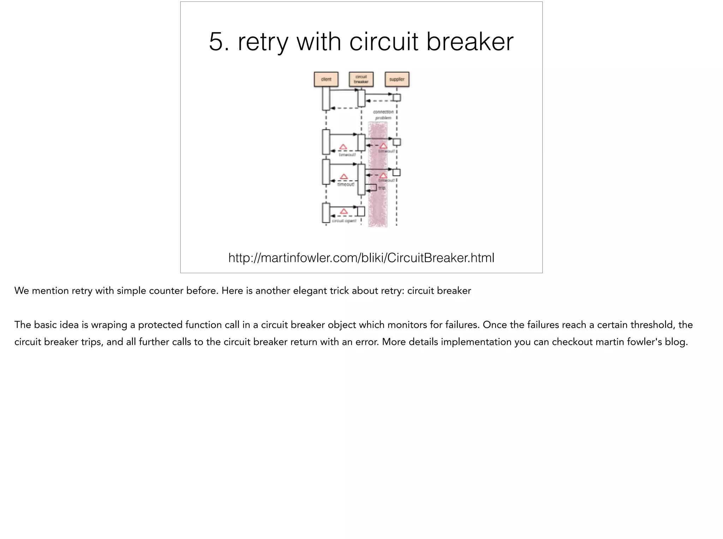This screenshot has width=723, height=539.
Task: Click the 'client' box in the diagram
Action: (x=326, y=79)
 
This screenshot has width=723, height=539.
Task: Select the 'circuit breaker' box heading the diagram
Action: (x=361, y=79)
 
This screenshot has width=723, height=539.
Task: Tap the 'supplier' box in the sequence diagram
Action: (x=397, y=79)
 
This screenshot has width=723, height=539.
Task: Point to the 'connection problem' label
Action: (x=383, y=115)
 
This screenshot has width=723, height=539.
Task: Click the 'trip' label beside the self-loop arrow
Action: (x=382, y=188)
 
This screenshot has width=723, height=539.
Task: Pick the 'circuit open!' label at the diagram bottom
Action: (x=344, y=221)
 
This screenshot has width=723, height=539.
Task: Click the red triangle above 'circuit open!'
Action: (x=344, y=211)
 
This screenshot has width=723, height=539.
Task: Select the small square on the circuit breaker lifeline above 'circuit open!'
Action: (x=361, y=211)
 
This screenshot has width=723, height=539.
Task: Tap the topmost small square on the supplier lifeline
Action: (x=396, y=97)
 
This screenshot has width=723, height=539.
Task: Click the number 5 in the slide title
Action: (x=216, y=42)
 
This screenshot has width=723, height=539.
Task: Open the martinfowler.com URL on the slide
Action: (x=361, y=258)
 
